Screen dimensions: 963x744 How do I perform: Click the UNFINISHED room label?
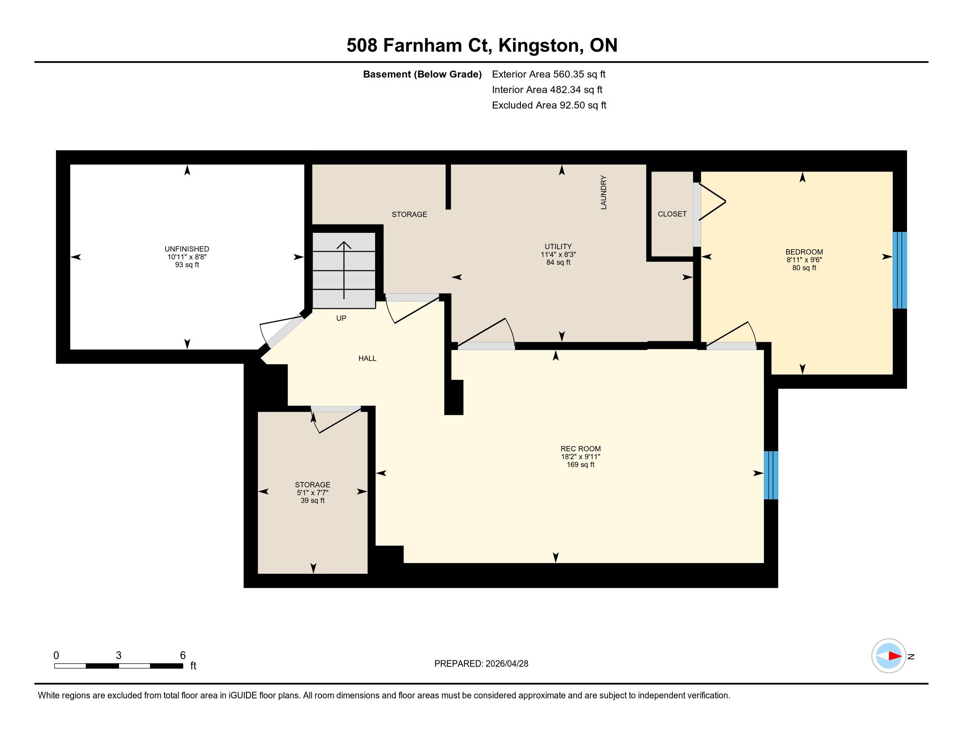click(x=187, y=249)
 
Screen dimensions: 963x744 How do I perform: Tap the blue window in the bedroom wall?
click(x=900, y=270)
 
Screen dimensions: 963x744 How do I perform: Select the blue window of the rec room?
click(x=771, y=475)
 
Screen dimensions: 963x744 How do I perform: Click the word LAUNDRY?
click(x=604, y=192)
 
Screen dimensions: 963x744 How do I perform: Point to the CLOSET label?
click(x=672, y=214)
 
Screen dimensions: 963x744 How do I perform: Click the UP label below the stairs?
click(x=341, y=318)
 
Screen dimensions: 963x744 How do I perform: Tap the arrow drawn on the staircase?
click(x=344, y=270)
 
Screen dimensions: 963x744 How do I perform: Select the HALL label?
click(x=367, y=358)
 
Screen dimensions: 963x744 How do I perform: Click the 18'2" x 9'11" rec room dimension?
click(x=581, y=456)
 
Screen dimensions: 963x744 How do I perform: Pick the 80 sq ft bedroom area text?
click(x=804, y=267)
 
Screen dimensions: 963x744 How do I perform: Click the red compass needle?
click(x=895, y=656)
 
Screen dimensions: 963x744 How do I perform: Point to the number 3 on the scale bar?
click(x=119, y=656)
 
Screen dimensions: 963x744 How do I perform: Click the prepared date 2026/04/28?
click(x=506, y=664)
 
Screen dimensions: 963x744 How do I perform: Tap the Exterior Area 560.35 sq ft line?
click(x=548, y=74)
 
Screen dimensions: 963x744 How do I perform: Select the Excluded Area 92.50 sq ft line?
click(x=549, y=105)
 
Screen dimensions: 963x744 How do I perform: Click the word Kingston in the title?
click(x=538, y=46)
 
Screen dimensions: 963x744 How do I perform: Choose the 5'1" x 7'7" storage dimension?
click(x=313, y=493)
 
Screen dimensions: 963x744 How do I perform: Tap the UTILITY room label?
click(x=558, y=247)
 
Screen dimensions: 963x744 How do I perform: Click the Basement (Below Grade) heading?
click(x=422, y=74)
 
